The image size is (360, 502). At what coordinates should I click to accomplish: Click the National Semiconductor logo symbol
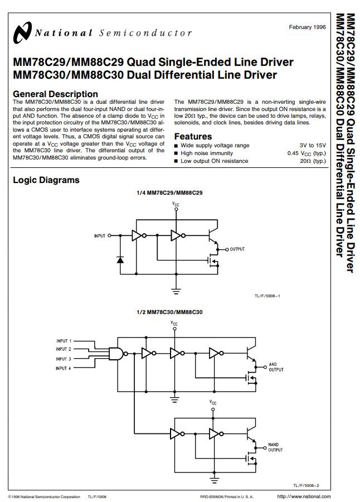22,32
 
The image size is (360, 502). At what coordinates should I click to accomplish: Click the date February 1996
307,27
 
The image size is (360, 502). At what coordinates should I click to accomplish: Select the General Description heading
55,94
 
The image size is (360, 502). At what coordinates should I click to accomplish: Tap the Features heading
193,137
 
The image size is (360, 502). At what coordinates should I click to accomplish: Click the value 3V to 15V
313,146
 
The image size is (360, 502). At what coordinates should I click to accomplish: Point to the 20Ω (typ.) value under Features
313,161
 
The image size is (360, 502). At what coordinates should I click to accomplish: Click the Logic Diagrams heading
46,180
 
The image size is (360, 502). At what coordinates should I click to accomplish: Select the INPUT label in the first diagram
100,236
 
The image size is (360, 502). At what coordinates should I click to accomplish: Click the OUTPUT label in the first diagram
237,249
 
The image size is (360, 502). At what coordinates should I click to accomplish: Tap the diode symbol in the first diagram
120,259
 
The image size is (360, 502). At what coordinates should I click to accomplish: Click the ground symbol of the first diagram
176,291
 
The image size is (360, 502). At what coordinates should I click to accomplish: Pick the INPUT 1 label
64,341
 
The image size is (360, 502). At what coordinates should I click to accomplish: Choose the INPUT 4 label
64,369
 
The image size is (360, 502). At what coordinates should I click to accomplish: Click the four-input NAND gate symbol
116,354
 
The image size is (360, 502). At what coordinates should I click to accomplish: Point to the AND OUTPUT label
276,367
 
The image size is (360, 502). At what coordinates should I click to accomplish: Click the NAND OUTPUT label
275,447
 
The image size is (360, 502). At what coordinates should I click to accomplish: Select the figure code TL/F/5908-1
267,296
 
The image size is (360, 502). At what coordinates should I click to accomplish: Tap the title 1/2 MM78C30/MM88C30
169,312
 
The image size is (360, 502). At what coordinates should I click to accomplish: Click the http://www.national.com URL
304,496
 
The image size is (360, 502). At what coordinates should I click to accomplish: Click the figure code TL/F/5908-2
307,486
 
